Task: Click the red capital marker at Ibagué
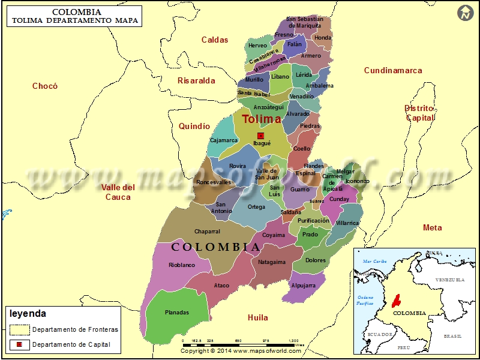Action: tap(260, 136)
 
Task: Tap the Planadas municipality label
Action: tap(176, 313)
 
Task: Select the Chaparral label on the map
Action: tap(207, 232)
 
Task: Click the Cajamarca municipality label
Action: tap(224, 140)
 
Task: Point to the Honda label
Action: tap(323, 38)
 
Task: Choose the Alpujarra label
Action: tap(303, 286)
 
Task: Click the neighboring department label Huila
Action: tap(258, 317)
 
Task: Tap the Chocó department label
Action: tap(45, 86)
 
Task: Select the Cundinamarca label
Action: tap(393, 70)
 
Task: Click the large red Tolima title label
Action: tap(261, 119)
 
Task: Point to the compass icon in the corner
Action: tap(464, 13)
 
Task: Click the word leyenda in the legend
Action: tap(28, 314)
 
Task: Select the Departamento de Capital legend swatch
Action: tap(19, 344)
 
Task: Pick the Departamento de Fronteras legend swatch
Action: tap(19, 329)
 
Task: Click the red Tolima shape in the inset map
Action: tap(396, 299)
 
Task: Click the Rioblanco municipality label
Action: tap(182, 265)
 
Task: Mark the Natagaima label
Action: tap(272, 262)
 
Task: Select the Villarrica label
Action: tap(347, 223)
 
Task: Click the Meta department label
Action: tap(432, 227)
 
